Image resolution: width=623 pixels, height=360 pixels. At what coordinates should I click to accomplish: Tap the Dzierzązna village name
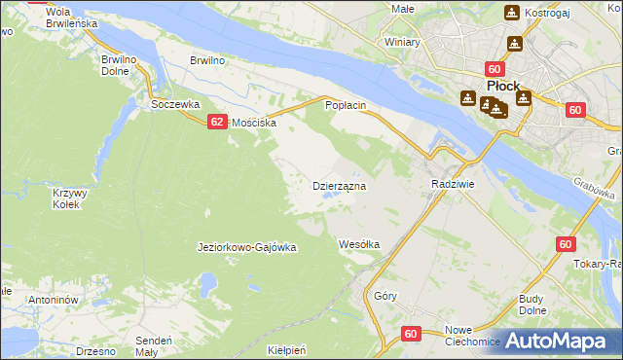[339, 185]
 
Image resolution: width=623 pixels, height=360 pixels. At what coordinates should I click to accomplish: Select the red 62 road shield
[217, 121]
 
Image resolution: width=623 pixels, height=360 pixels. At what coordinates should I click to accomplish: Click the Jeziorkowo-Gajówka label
[246, 247]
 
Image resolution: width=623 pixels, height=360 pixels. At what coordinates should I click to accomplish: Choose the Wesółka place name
[358, 243]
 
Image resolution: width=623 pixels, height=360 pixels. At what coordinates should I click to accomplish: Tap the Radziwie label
[452, 184]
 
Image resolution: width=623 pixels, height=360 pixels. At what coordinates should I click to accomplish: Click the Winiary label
[402, 43]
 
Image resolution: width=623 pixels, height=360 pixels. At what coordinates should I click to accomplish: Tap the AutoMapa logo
[557, 341]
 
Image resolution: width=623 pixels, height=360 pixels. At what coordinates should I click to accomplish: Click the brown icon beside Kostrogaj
[512, 13]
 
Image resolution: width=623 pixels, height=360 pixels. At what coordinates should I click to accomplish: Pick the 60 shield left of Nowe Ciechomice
[409, 333]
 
